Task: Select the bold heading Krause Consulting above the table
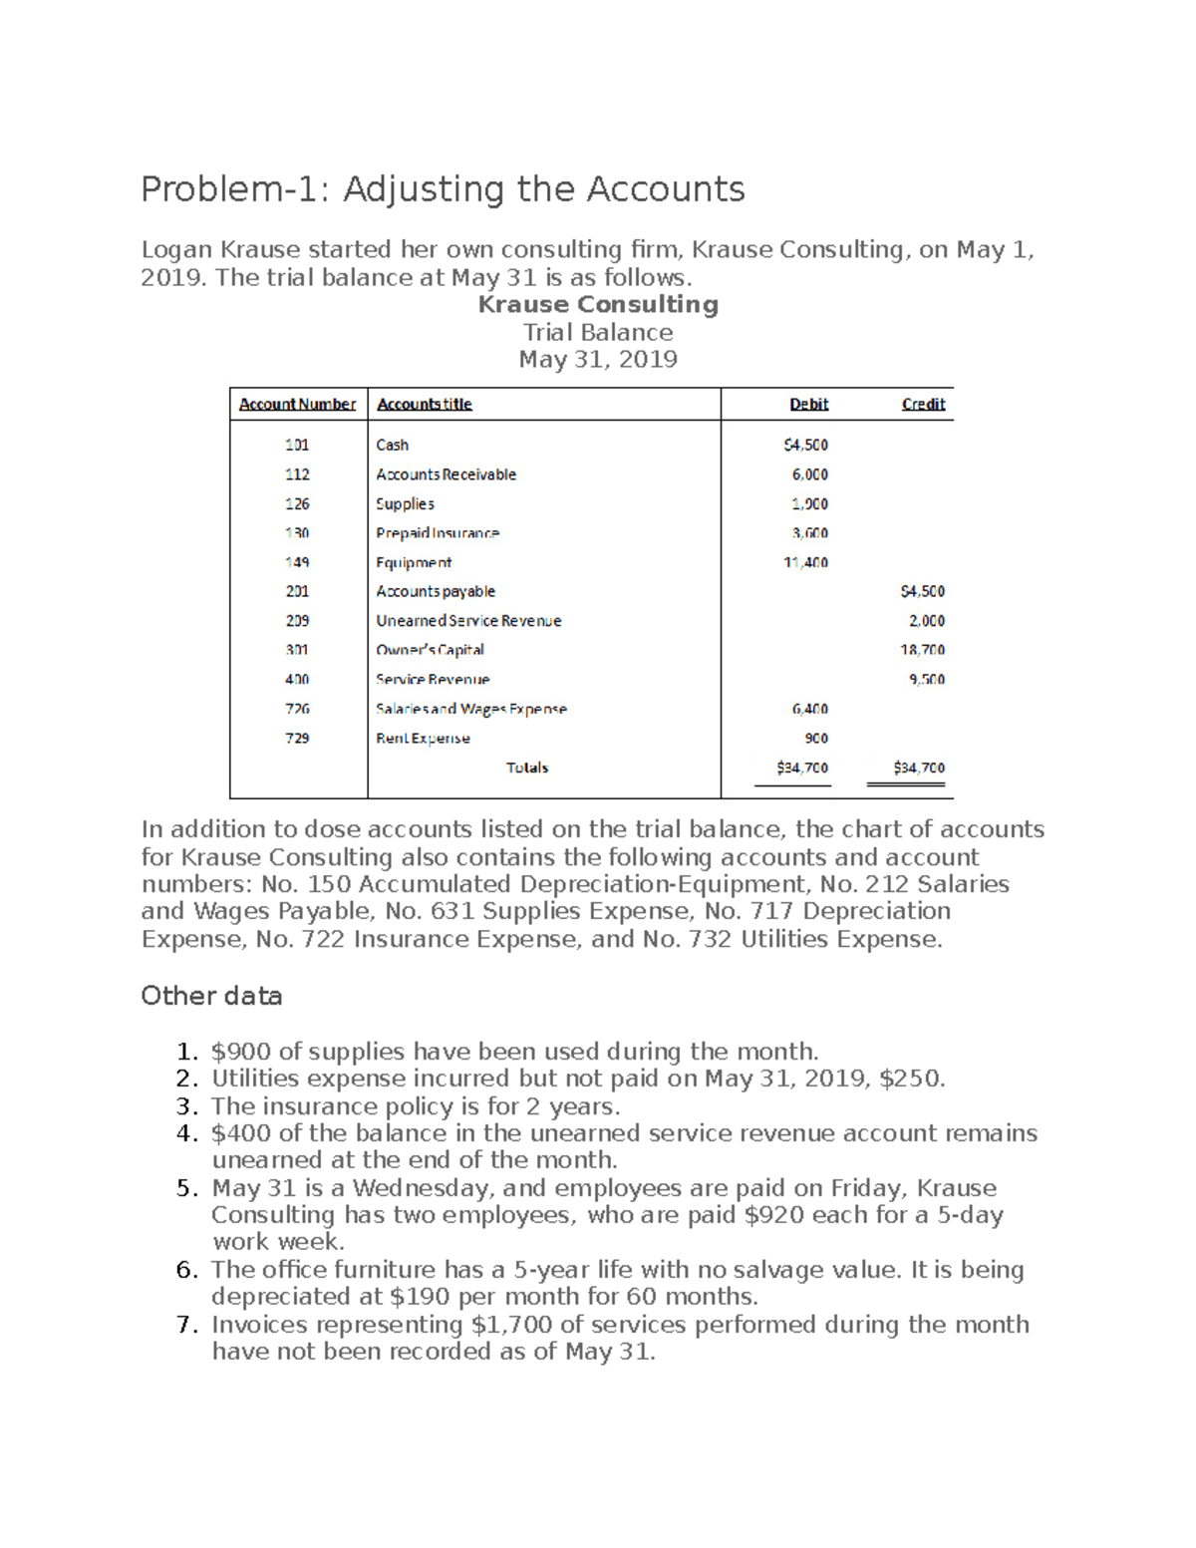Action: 598,305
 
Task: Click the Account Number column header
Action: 297,404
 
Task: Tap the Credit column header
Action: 923,404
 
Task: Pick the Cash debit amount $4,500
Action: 805,445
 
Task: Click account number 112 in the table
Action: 297,474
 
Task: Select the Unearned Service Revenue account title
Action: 468,621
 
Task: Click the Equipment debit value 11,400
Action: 805,562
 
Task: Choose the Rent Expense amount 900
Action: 815,739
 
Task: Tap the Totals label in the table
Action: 527,768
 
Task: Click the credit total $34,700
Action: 918,768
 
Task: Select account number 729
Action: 297,739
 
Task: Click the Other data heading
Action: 211,996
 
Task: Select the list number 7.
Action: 185,1325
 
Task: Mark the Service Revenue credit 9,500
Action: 926,680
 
